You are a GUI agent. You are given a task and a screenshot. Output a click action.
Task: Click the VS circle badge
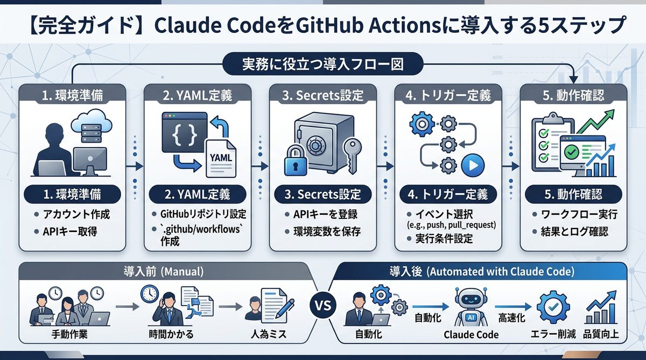coord(322,308)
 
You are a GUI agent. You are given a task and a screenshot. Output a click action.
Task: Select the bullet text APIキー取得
coord(73,232)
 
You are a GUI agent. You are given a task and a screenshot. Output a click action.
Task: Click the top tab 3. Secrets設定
coord(323,96)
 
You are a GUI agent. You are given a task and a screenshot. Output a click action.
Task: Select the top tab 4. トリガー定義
coord(448,96)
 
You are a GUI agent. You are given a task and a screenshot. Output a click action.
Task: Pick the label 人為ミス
coord(268,334)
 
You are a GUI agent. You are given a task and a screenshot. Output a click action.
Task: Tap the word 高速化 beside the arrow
coord(511,317)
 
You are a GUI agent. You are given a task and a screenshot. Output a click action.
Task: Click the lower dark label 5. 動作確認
coord(574,194)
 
